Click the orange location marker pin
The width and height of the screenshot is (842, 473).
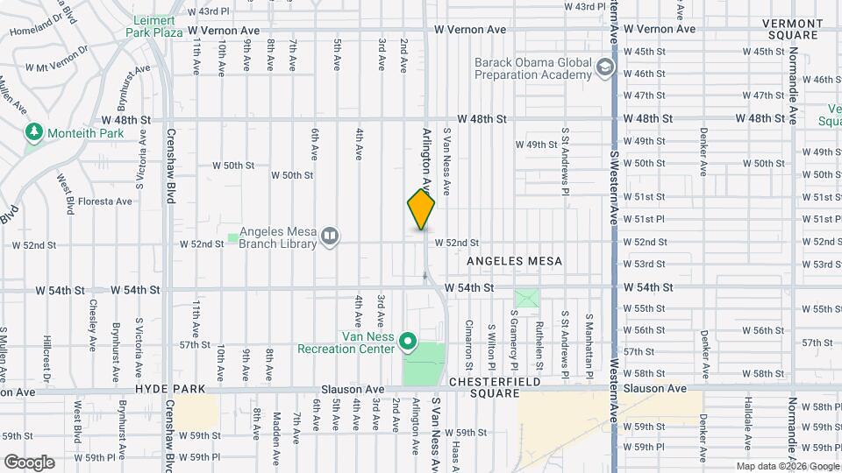[x=421, y=209]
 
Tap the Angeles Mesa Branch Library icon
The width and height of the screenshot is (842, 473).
[x=330, y=236]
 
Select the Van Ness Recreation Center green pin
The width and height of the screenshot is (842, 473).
[x=407, y=341]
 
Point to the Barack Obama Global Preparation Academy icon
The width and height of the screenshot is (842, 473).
[x=604, y=67]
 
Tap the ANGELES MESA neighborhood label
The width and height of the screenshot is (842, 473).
[x=514, y=261]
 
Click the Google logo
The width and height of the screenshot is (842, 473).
[x=29, y=462]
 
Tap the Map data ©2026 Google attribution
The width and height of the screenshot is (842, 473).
[x=787, y=466]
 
